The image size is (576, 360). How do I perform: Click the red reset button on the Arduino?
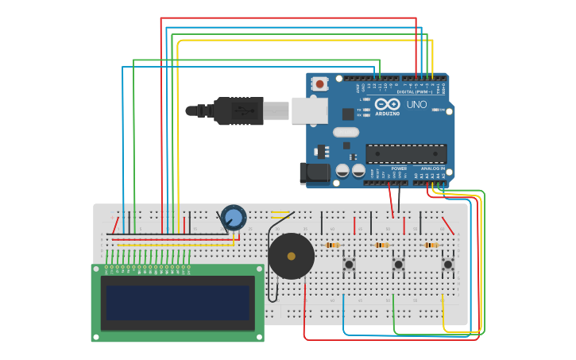point(319,83)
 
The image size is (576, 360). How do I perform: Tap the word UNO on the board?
point(416,105)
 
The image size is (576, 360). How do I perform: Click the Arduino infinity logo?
point(387,105)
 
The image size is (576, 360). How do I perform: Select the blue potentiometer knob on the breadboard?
point(234,217)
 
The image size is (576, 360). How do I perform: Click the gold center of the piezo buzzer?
point(291,256)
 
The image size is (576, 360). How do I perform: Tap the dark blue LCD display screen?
point(177,303)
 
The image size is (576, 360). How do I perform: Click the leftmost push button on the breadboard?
point(348,263)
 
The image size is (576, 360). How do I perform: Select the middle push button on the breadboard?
point(398,263)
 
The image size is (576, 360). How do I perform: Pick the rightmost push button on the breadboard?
point(447,263)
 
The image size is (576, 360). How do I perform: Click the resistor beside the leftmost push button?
point(332,245)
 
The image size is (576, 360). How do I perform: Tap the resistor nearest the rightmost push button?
point(431,245)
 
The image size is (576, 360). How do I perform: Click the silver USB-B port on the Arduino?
point(309,110)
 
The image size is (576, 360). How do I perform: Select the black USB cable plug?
point(238,111)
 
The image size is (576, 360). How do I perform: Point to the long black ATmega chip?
point(406,154)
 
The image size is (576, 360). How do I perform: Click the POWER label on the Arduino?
point(399,168)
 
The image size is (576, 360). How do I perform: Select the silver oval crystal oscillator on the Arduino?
point(346,132)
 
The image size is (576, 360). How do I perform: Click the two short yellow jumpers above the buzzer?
point(280,214)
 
